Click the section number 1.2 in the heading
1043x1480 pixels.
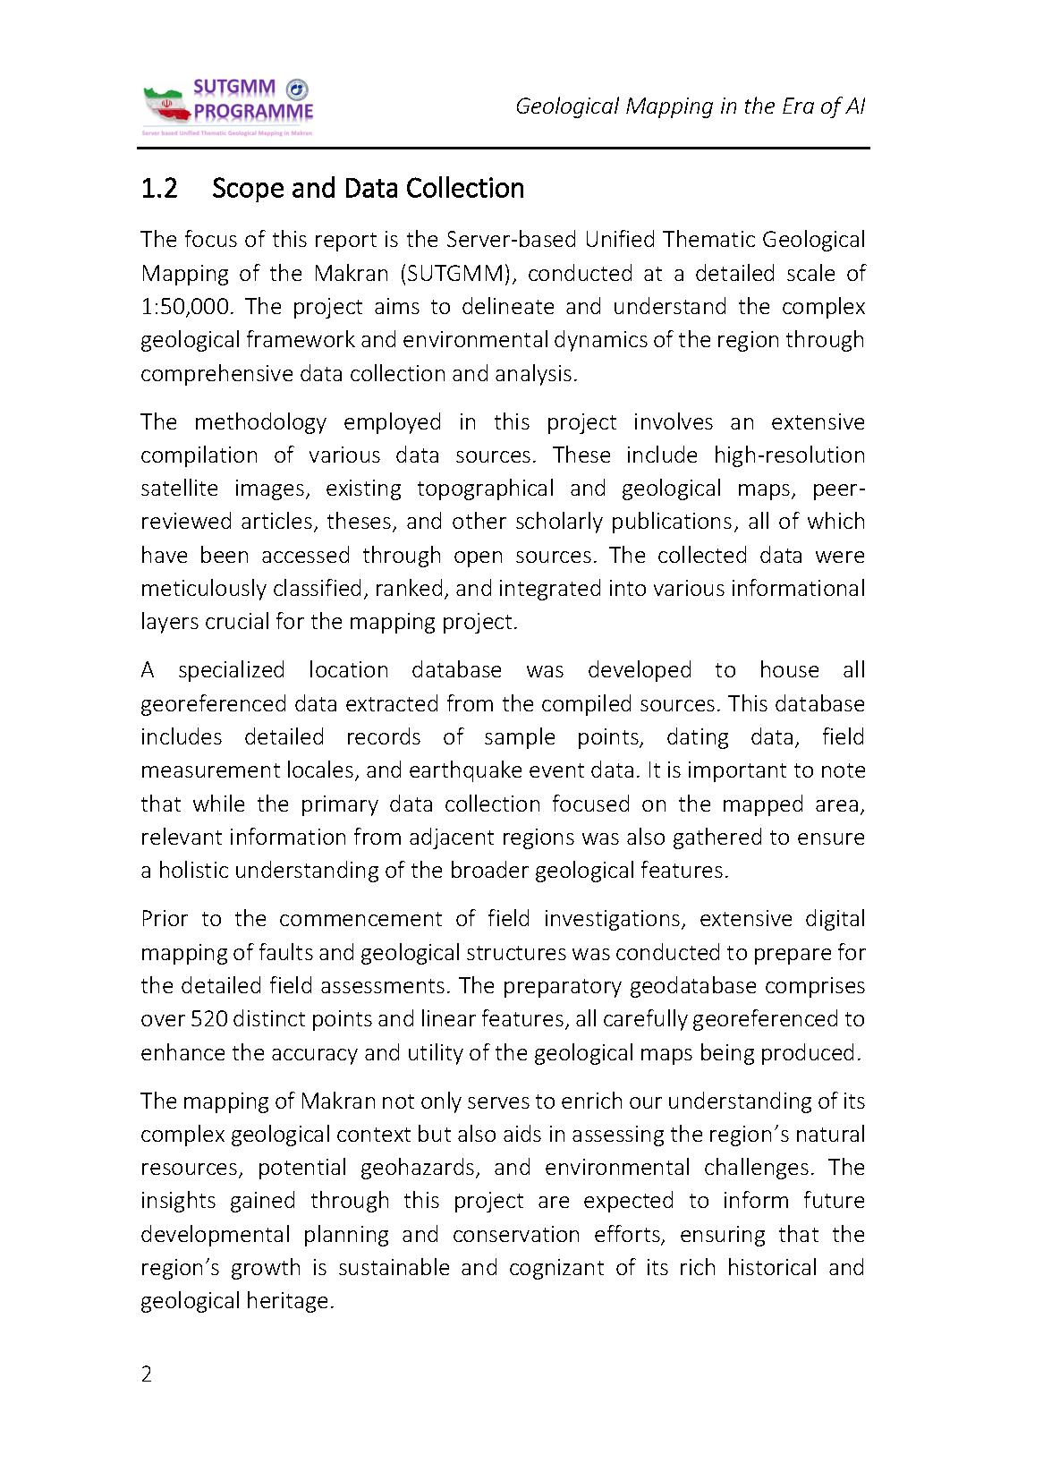[x=159, y=189]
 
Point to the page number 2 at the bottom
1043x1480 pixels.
[x=147, y=1374]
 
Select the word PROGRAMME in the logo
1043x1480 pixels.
[x=254, y=113]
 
